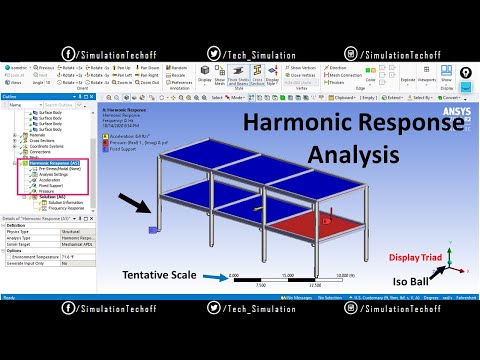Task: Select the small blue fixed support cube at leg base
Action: [x=152, y=229]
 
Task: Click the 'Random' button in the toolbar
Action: [x=179, y=67]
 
